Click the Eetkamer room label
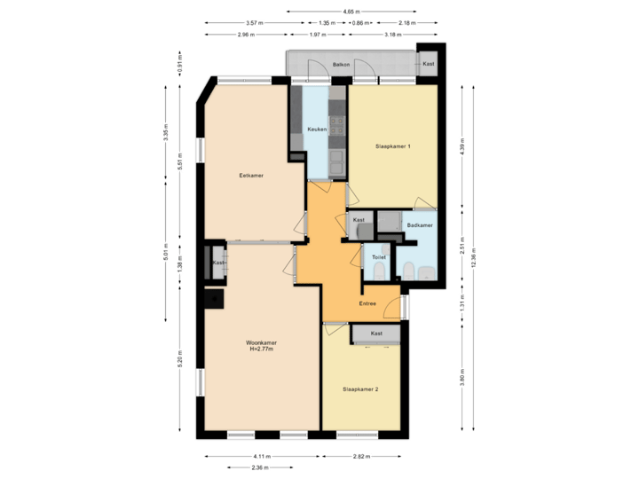tap(252, 176)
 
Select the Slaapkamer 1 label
tap(391, 145)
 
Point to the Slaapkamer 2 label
tap(361, 389)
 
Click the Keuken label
tap(317, 130)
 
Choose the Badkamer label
tap(420, 225)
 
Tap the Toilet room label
tap(379, 257)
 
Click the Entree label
tap(367, 304)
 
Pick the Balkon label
tap(341, 65)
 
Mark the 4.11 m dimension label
tap(262, 456)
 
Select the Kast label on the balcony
tap(429, 64)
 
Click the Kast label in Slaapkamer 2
tap(376, 333)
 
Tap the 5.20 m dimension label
tap(179, 357)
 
